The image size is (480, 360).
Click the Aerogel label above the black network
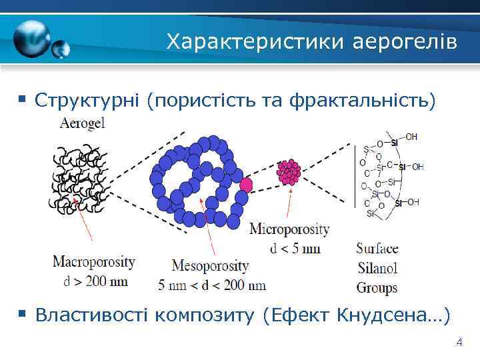tap(82, 123)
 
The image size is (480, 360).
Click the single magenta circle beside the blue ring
tap(246, 183)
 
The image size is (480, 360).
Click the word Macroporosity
tap(94, 261)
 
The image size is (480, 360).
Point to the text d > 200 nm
tap(96, 281)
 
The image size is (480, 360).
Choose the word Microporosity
tap(289, 229)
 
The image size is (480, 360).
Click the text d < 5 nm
tap(295, 249)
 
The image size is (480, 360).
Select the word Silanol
tap(377, 269)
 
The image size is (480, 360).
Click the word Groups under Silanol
tap(377, 288)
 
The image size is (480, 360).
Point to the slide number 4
tap(459, 343)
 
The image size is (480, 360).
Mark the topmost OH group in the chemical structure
tap(411, 137)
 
